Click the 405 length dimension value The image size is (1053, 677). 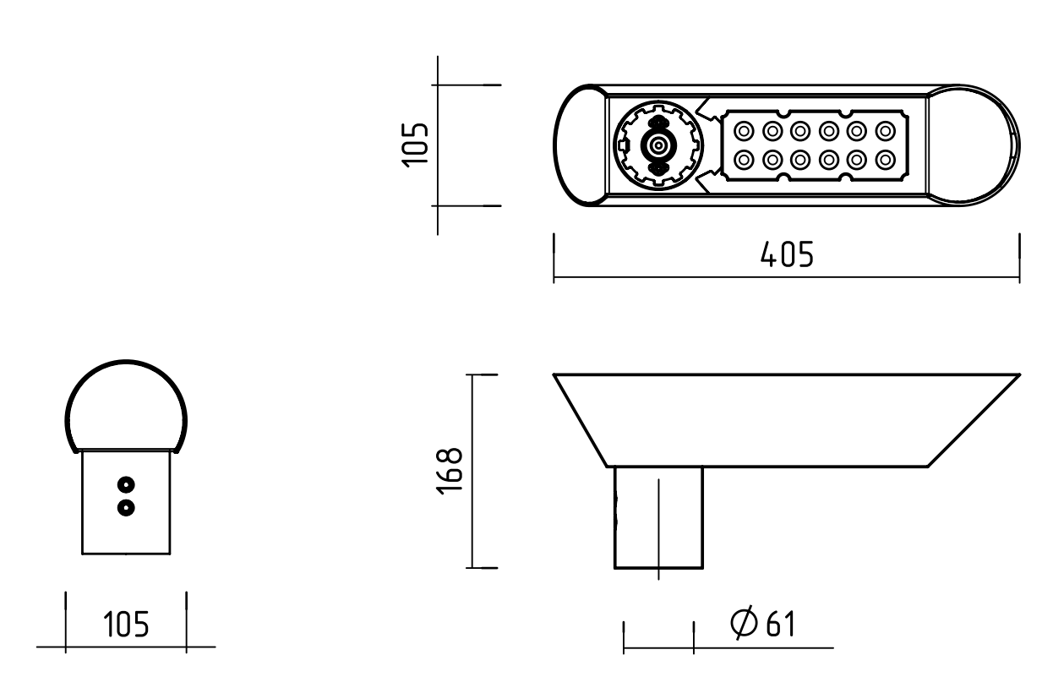tap(787, 254)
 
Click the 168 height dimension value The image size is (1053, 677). tap(450, 471)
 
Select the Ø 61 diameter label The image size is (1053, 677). tap(762, 624)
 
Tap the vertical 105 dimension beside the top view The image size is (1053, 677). tap(415, 145)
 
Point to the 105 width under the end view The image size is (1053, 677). tap(126, 625)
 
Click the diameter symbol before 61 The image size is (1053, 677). tap(745, 623)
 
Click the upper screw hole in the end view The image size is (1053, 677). tap(126, 484)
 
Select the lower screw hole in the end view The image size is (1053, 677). tap(126, 508)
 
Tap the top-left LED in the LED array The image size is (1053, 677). tap(744, 131)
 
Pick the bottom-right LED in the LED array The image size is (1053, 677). tap(885, 161)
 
